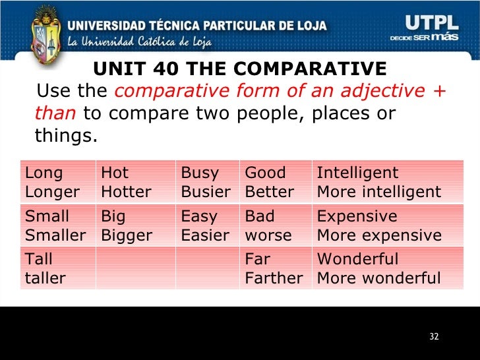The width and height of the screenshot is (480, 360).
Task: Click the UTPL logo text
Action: [x=428, y=24]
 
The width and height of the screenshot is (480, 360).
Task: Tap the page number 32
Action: [x=433, y=337]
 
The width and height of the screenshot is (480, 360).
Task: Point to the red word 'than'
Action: [x=56, y=113]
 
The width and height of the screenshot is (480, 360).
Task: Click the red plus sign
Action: [x=440, y=91]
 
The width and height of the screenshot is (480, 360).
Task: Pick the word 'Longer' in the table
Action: [x=52, y=192]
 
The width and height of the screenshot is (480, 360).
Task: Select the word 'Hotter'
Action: [x=126, y=192]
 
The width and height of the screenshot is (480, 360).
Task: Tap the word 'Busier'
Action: [x=206, y=192]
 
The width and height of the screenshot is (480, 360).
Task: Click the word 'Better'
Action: [x=269, y=192]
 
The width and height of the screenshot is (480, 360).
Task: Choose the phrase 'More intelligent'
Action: [x=378, y=192]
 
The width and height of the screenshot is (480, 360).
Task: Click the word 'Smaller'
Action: [x=55, y=235]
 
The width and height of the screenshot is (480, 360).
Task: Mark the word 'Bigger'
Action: [x=127, y=235]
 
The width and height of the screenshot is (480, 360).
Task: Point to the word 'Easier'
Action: [x=205, y=235]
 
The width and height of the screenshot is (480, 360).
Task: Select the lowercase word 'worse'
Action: [x=268, y=235]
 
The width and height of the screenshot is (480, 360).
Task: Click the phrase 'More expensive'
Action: [x=379, y=235]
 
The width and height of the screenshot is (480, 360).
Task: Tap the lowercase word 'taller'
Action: [x=45, y=278]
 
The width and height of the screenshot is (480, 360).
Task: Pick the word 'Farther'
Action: [x=274, y=278]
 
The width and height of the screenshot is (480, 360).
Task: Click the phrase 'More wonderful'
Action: [x=378, y=278]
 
